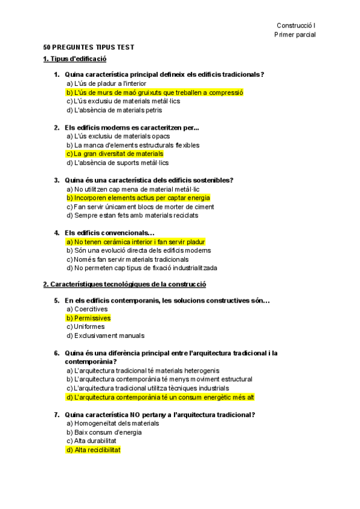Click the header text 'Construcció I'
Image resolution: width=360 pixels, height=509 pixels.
pos(296,25)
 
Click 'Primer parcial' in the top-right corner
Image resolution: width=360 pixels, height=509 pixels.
pos(295,35)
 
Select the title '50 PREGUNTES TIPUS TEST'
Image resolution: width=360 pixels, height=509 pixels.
pos(89,47)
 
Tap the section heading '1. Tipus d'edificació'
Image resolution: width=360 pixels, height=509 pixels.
pos(74,59)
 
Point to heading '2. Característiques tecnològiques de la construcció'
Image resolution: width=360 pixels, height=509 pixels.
pos(124,284)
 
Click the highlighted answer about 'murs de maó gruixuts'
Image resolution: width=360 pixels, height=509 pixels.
pos(155,92)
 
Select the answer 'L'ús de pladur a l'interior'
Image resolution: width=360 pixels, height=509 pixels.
pos(106,83)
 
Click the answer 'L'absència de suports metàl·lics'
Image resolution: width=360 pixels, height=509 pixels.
pos(118,163)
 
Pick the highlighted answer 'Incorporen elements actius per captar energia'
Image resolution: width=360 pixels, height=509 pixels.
pos(139,197)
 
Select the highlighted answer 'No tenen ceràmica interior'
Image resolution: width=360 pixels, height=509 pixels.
pos(136,242)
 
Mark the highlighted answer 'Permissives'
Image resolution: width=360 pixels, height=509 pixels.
pos(89,318)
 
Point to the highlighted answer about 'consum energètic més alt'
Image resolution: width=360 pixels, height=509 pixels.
pos(160,397)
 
